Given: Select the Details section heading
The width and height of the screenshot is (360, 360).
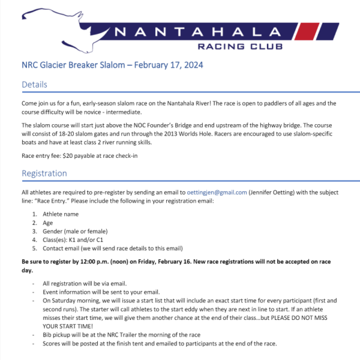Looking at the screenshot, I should click(x=34, y=85).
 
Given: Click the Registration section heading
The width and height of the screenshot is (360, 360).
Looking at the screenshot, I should click(x=44, y=173).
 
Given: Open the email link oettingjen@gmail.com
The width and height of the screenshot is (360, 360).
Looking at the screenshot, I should click(x=217, y=192).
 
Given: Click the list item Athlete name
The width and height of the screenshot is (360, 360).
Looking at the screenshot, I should click(x=61, y=214).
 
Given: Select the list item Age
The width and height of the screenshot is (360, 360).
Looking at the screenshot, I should click(x=47, y=223).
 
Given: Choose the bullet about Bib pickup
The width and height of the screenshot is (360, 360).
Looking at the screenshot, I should click(x=120, y=334).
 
